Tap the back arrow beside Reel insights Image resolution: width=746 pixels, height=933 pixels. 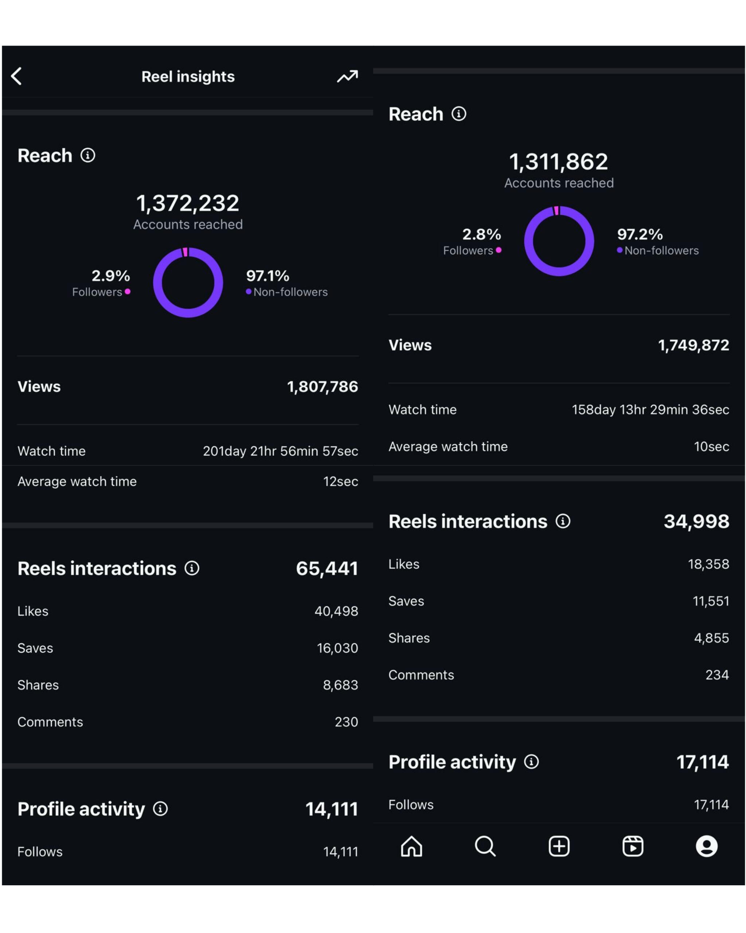tap(16, 76)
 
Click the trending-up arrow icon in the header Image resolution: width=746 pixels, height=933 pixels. tap(347, 77)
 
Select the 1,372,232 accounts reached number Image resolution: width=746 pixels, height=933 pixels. tap(187, 203)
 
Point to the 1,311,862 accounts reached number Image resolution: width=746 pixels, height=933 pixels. tap(558, 161)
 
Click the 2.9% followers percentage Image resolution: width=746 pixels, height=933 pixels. tap(110, 276)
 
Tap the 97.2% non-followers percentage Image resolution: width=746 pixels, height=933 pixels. tap(639, 234)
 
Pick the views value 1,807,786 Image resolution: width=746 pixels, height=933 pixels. tap(323, 386)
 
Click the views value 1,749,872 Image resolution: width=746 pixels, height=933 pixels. tap(693, 345)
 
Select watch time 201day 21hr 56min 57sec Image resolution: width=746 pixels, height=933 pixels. tap(280, 451)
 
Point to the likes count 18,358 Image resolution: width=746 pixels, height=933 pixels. tap(708, 564)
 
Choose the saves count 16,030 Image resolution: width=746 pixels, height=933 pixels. tap(337, 648)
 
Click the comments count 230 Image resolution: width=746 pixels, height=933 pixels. tap(346, 722)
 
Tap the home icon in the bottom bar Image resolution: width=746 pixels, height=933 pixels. tap(411, 846)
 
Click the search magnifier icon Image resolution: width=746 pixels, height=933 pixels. tap(485, 846)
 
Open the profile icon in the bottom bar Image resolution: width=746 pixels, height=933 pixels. tap(706, 846)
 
